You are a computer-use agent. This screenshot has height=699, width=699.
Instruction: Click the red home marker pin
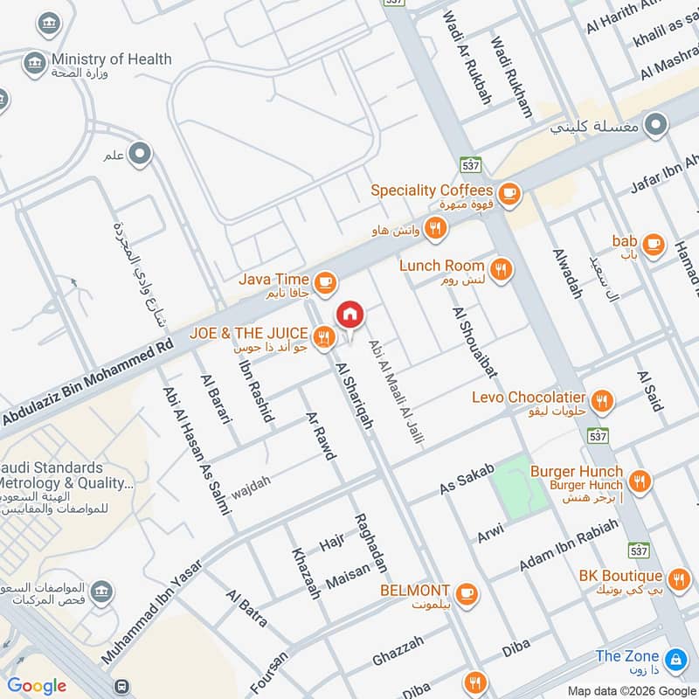coord(349,314)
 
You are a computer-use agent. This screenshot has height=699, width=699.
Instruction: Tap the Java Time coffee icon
coord(325,281)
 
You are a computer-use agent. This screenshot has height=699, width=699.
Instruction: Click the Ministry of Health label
coord(111,59)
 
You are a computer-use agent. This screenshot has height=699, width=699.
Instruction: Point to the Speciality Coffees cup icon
coord(509,192)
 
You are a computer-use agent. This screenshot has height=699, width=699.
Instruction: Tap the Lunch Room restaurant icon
coord(501,269)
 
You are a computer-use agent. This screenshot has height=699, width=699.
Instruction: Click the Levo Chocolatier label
coord(529,398)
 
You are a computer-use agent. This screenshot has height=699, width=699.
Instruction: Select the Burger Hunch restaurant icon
coord(640,481)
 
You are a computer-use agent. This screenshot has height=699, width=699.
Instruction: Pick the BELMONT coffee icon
coord(467,592)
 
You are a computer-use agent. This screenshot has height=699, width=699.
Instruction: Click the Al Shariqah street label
coord(354,398)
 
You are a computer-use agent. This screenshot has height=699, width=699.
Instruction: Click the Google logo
coord(37,686)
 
